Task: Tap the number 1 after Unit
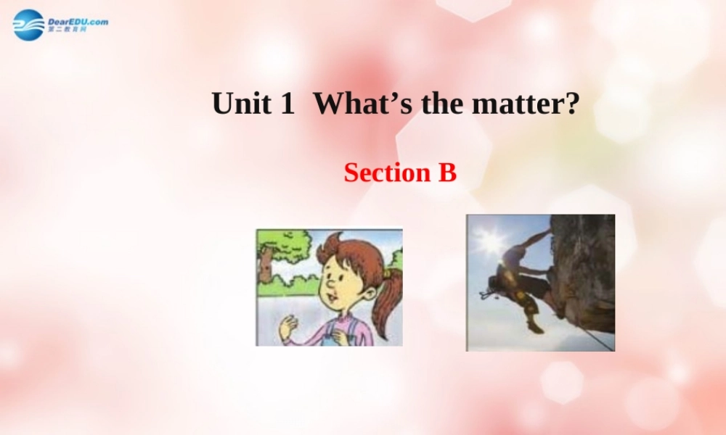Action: (286, 104)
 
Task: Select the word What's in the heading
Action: (361, 104)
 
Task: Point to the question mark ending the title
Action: (572, 104)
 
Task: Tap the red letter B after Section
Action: (447, 173)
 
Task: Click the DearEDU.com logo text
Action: (78, 22)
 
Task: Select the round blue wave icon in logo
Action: (28, 25)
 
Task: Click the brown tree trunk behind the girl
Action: (266, 265)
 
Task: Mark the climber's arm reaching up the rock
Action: (534, 239)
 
